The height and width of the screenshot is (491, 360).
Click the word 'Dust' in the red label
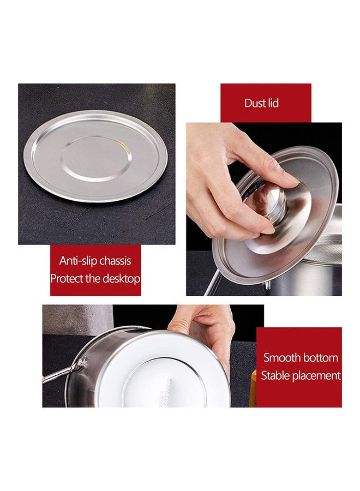tap(255, 103)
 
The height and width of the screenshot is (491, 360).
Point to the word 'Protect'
tap(68, 278)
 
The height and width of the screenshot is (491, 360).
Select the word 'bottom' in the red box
tap(321, 358)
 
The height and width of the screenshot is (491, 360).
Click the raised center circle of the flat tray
tap(96, 158)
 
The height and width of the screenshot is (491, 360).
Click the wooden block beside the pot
tap(253, 387)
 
